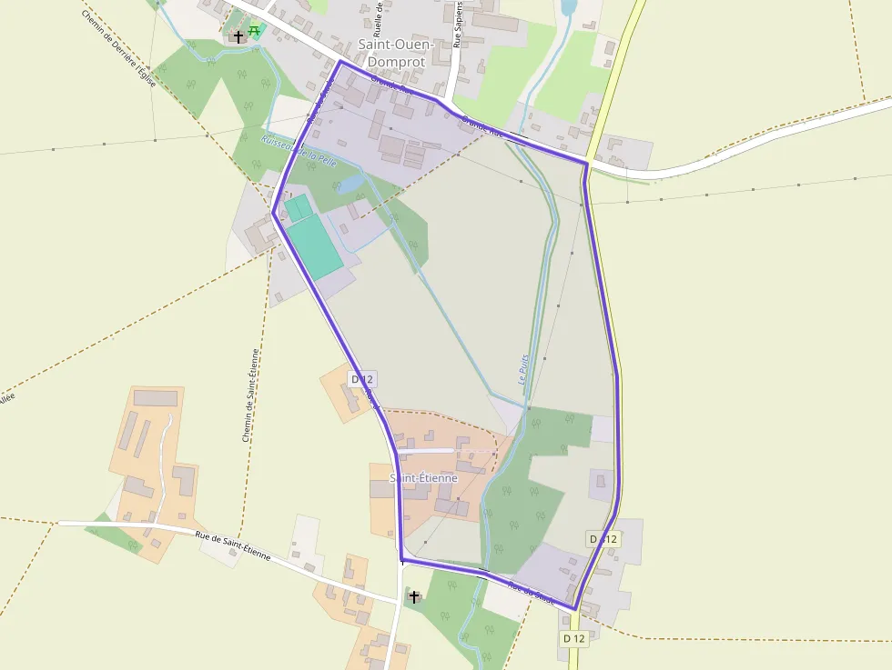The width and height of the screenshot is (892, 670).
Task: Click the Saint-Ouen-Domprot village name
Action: [x=397, y=53]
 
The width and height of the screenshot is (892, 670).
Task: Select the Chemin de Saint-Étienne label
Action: [x=251, y=395]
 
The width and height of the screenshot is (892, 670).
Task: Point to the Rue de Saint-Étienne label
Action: [x=233, y=545]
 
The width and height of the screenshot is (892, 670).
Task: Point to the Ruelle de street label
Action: [x=378, y=17]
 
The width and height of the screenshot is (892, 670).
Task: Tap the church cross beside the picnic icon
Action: [x=238, y=36]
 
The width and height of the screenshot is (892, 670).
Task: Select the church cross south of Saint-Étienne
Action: [x=414, y=597]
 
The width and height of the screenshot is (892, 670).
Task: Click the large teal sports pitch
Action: [x=314, y=246]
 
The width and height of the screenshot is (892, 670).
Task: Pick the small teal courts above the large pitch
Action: [x=297, y=207]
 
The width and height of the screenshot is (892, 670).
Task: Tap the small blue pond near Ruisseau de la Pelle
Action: [x=350, y=185]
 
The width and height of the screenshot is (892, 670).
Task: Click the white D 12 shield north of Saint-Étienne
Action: [x=361, y=379]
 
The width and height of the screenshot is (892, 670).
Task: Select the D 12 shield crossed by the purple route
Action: [x=603, y=539]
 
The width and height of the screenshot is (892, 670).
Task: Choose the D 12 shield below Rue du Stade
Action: [x=574, y=638]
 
